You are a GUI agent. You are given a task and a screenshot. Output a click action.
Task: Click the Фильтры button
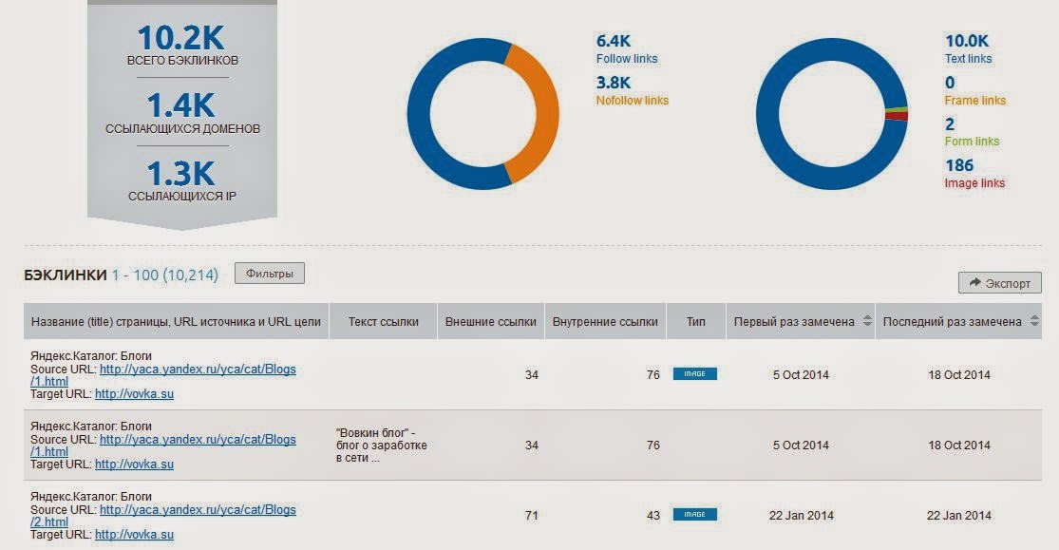point(270,274)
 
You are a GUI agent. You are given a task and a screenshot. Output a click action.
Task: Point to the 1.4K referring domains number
point(181,105)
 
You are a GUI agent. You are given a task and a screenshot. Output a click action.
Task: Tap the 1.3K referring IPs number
point(181,174)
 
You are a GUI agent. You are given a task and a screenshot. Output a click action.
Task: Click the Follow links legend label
point(627,59)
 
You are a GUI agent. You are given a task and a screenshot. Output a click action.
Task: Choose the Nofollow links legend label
point(633,101)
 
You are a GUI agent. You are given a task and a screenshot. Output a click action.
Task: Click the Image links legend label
point(974,183)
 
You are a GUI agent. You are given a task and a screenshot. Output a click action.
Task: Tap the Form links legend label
point(972,142)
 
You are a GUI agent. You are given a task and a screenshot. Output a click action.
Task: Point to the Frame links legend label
point(975,101)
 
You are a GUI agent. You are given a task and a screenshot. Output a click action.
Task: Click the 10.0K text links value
point(966,41)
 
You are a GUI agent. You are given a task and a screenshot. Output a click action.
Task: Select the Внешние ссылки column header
point(491,322)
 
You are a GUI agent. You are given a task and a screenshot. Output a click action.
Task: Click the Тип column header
point(696,322)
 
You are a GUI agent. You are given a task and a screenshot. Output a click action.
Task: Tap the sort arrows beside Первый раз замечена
point(865,322)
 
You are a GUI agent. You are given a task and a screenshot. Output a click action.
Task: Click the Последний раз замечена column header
point(952,322)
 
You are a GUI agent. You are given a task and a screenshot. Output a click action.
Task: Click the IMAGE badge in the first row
point(695,374)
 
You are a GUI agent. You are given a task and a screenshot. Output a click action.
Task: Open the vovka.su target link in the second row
point(134,465)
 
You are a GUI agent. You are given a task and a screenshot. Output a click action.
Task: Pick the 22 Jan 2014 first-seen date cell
point(801,516)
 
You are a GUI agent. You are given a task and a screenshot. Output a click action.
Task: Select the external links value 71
point(531,516)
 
